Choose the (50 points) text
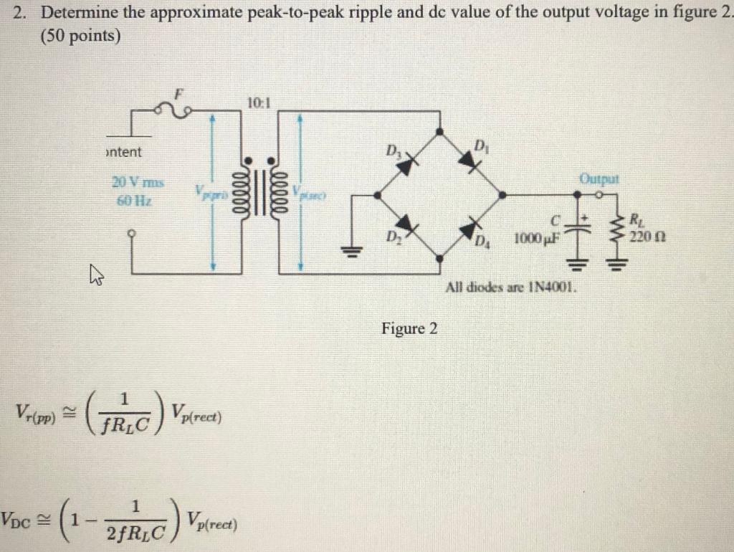[x=80, y=34]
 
